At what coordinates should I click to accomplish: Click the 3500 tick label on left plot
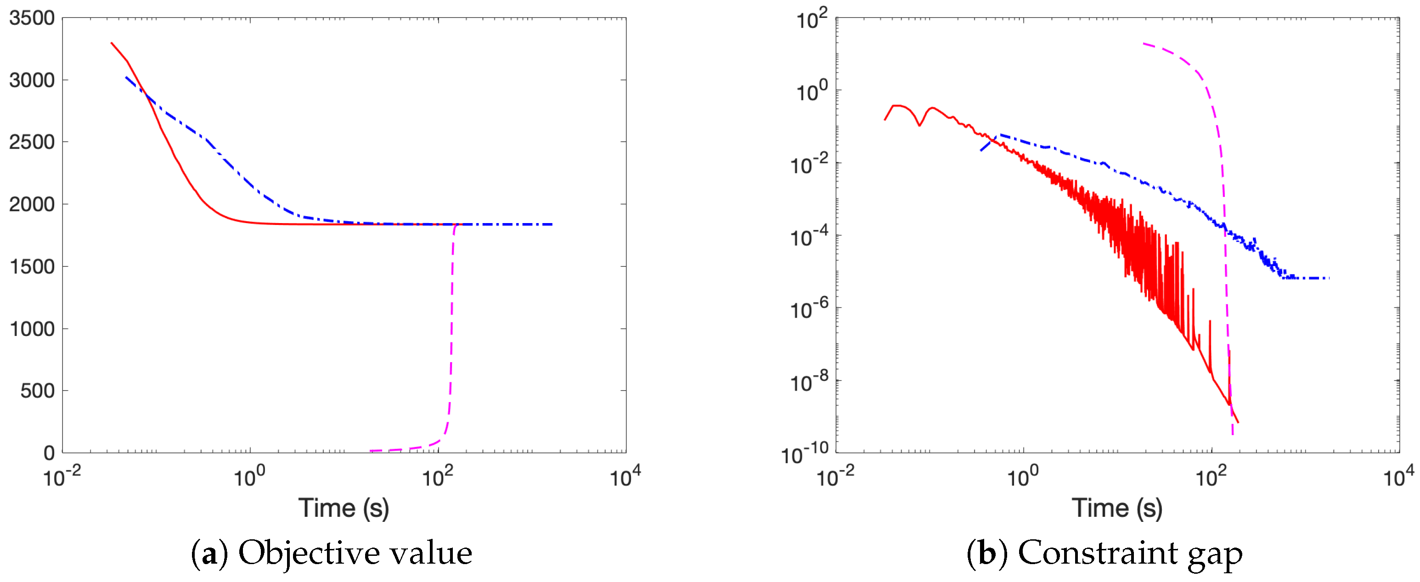(x=32, y=18)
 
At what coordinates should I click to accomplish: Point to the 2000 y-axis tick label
(x=32, y=204)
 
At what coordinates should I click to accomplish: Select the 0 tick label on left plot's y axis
(x=49, y=453)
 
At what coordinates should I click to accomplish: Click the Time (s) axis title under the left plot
(x=344, y=508)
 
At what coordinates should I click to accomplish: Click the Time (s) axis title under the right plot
(x=1117, y=508)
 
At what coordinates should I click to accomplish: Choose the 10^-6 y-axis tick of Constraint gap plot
(x=809, y=309)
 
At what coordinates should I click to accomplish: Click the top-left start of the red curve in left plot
(x=112, y=43)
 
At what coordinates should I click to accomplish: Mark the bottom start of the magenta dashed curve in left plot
(x=372, y=451)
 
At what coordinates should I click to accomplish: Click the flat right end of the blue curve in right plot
(x=1327, y=278)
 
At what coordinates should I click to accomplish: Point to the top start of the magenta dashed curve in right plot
(x=1144, y=44)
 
